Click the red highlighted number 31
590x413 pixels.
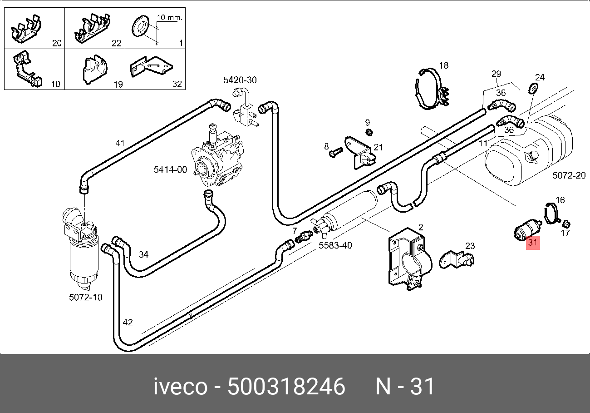[532, 243]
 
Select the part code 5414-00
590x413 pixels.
[170, 170]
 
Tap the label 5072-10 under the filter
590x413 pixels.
[85, 298]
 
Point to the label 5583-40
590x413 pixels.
[335, 246]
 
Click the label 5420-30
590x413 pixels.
[240, 80]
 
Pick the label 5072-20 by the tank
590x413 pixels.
[569, 175]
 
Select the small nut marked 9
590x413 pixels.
[369, 132]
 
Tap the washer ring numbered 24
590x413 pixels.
[535, 88]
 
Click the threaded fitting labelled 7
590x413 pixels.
[303, 237]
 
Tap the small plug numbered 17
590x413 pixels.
[566, 224]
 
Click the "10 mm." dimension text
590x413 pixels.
[169, 18]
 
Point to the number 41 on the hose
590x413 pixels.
[119, 143]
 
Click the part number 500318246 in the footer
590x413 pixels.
[286, 387]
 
